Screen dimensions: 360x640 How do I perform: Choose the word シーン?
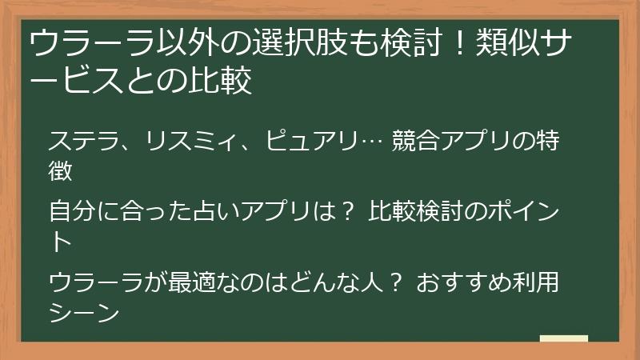tap(84, 311)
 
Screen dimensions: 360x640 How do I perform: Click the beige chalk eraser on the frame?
tap(563, 338)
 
